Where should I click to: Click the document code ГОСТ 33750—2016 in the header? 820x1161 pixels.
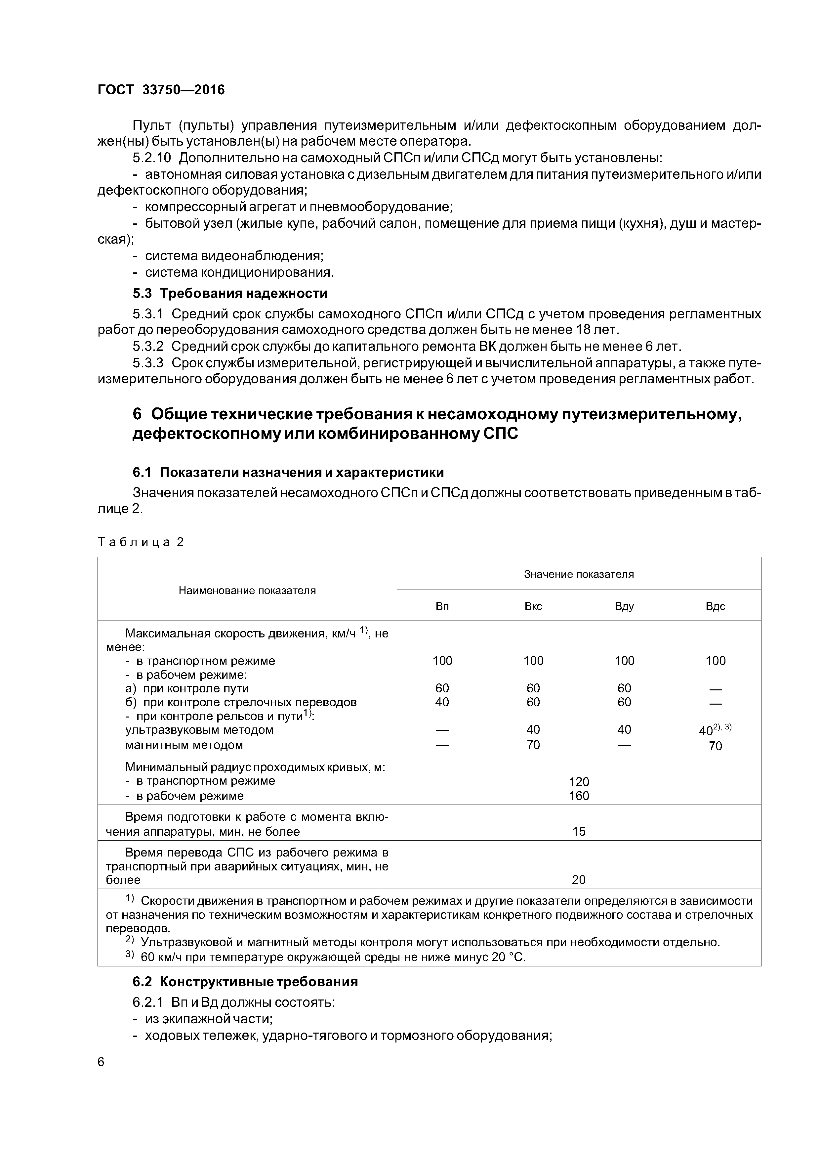pyautogui.click(x=161, y=90)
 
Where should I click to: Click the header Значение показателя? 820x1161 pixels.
pyautogui.click(x=579, y=574)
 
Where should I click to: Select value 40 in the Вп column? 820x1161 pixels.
pyautogui.click(x=442, y=702)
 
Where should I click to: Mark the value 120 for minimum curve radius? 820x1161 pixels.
pyautogui.click(x=579, y=782)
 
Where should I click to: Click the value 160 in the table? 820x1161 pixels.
pyautogui.click(x=579, y=796)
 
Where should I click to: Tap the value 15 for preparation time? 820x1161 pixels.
pyautogui.click(x=579, y=831)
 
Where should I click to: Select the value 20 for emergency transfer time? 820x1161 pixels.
pyautogui.click(x=579, y=880)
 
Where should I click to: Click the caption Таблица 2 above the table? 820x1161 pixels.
pyautogui.click(x=141, y=542)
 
